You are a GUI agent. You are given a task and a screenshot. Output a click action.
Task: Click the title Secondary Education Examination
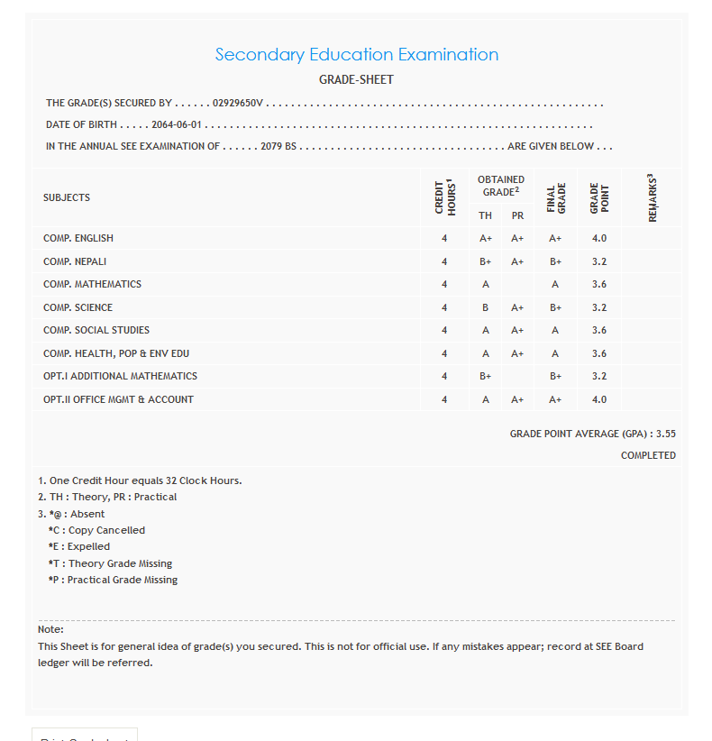click(x=356, y=55)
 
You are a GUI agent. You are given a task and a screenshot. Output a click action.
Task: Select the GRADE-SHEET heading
click(x=356, y=80)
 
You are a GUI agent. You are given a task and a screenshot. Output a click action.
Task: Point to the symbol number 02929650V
click(x=238, y=104)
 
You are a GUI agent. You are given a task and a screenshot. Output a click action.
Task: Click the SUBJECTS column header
click(x=67, y=197)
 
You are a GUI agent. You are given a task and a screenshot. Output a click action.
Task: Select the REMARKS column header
click(x=651, y=197)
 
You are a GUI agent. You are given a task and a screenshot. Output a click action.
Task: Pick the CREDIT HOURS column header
click(x=444, y=197)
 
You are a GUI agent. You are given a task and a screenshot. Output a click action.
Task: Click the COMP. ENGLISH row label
click(x=78, y=238)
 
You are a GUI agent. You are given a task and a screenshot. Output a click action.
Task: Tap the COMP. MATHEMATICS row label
click(x=92, y=284)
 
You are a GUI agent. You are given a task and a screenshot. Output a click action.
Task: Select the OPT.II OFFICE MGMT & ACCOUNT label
click(x=118, y=399)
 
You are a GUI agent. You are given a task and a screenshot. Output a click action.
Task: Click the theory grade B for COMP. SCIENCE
click(x=485, y=307)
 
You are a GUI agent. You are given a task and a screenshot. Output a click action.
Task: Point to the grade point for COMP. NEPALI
click(x=599, y=261)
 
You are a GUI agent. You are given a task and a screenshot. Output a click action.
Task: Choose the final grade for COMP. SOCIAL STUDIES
click(x=555, y=330)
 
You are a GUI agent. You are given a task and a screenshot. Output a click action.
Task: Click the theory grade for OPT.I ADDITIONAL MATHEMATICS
click(x=485, y=376)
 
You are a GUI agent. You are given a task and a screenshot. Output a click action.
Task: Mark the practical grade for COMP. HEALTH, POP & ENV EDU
click(x=517, y=353)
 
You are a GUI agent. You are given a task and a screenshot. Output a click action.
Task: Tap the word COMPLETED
click(x=648, y=455)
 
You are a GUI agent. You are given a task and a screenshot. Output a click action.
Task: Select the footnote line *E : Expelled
click(x=79, y=546)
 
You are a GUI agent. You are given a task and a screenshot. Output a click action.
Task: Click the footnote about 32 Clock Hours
click(x=140, y=480)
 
